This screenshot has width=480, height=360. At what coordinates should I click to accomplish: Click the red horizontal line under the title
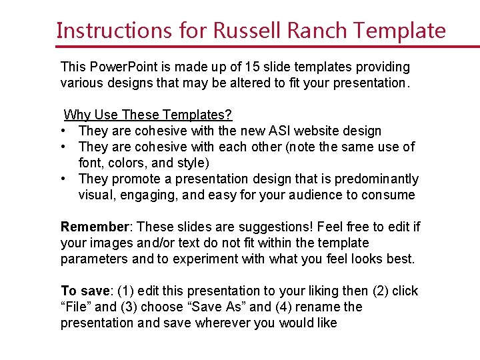click(267, 47)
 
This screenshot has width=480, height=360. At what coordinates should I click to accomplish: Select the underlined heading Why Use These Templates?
click(148, 115)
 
